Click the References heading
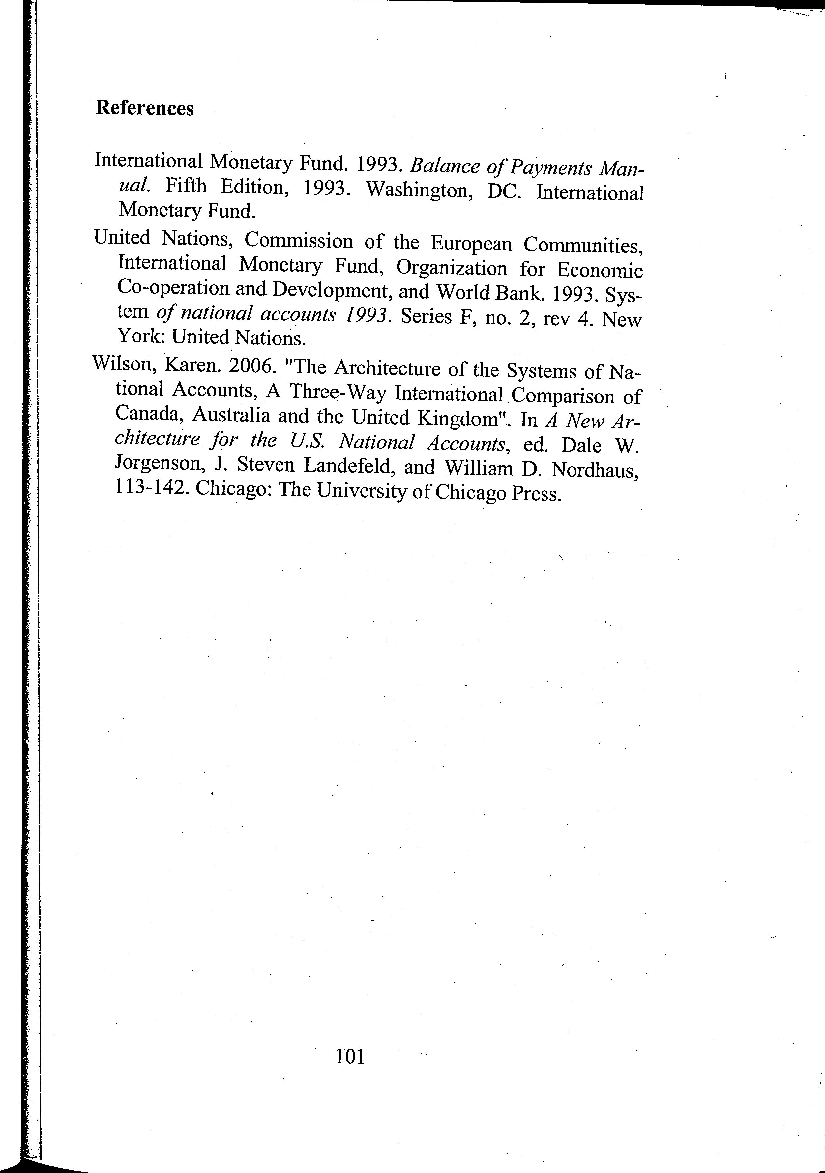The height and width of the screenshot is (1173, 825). click(145, 108)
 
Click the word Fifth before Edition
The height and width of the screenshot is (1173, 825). click(186, 186)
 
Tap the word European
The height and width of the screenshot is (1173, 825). click(470, 244)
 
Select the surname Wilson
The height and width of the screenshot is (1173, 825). click(121, 364)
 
